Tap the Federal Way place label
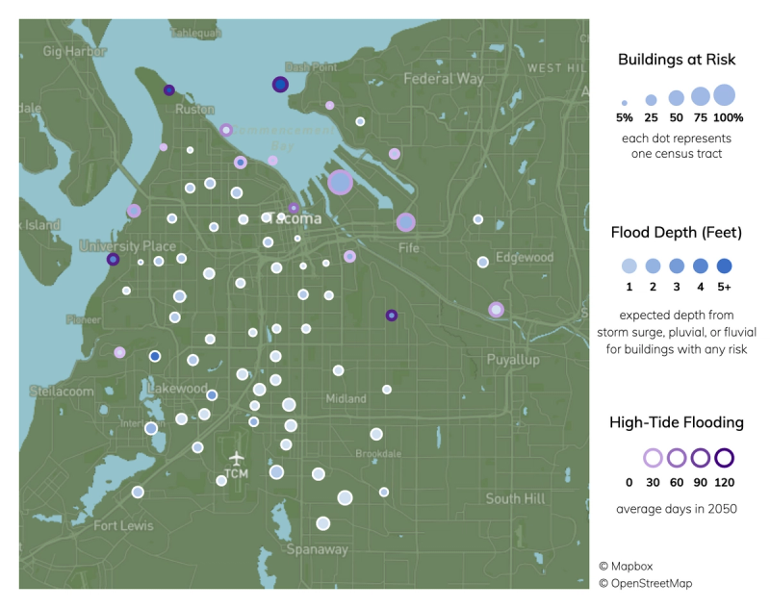[x=443, y=78]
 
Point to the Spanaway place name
[x=317, y=549]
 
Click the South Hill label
[x=515, y=498]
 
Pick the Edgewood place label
[x=525, y=257]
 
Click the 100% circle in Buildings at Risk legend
[x=725, y=95]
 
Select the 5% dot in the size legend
[x=625, y=101]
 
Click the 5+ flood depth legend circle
[x=725, y=266]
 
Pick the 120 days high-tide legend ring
[x=725, y=458]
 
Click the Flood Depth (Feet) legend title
[x=677, y=232]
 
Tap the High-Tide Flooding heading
[x=677, y=422]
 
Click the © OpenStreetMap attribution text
[x=645, y=583]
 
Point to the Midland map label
[x=346, y=398]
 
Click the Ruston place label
[x=193, y=110]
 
